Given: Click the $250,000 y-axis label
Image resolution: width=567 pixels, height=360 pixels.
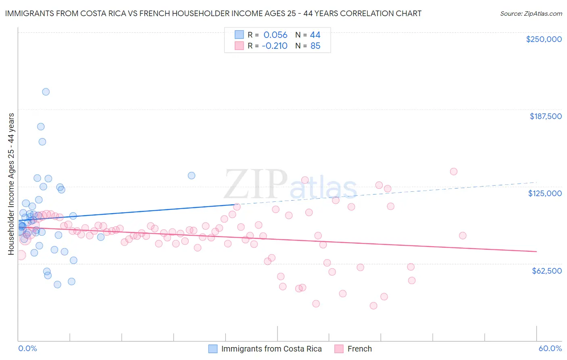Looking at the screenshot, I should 544,39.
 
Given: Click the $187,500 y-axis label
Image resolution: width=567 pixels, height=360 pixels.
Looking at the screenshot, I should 545,116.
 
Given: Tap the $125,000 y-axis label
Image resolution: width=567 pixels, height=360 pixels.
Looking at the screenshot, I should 545,193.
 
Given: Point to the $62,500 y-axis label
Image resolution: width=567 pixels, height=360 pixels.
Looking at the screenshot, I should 546,271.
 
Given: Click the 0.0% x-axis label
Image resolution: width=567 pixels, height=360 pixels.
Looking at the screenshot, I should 27,348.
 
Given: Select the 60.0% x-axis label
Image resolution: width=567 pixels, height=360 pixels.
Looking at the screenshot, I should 550,348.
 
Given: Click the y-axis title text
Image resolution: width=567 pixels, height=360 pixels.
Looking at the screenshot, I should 11,184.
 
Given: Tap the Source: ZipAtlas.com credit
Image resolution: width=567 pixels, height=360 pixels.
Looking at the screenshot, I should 531,13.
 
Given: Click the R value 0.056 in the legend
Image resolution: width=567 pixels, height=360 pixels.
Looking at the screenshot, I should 275,35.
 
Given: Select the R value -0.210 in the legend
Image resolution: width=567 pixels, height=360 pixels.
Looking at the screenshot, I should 274,46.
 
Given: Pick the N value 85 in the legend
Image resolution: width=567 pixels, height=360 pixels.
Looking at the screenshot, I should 315,46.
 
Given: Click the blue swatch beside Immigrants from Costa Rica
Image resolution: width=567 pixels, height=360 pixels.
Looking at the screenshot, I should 213,349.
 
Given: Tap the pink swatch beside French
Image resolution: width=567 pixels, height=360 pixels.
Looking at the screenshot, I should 339,349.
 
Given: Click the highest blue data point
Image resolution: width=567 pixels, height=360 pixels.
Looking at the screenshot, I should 46,92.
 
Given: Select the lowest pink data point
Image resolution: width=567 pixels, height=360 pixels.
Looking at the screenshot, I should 373,306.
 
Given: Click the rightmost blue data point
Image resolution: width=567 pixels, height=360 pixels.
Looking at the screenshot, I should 192,176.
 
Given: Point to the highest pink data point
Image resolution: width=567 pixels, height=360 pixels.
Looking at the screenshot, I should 454,172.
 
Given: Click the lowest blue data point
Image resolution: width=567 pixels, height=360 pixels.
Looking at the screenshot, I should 57,285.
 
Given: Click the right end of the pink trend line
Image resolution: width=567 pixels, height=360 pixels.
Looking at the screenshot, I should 536,251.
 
